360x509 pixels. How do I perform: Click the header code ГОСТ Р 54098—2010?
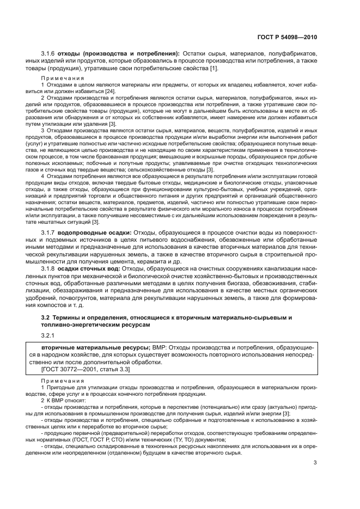(287, 38)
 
